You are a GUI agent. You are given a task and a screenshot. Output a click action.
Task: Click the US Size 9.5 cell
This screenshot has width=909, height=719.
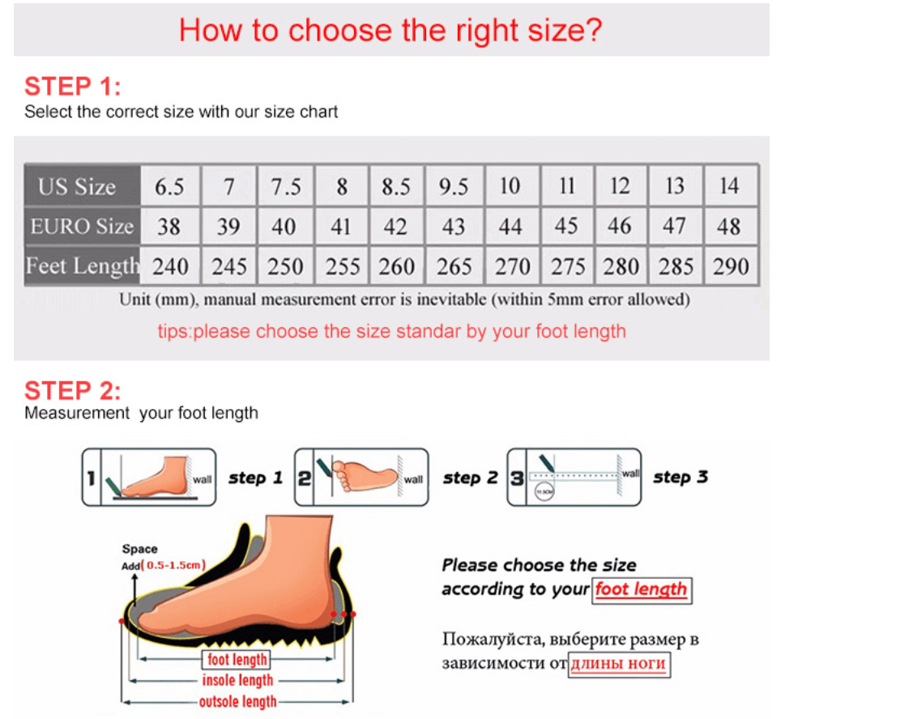pyautogui.click(x=454, y=187)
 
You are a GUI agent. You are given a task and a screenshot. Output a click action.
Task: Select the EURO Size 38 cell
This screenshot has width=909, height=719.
pyautogui.click(x=169, y=226)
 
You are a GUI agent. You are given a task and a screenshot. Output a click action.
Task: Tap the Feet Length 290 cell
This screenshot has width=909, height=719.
pyautogui.click(x=731, y=266)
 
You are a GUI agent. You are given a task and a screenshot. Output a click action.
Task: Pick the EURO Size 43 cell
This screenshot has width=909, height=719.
pyautogui.click(x=454, y=226)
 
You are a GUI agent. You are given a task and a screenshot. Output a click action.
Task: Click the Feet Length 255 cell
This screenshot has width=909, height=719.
pyautogui.click(x=342, y=266)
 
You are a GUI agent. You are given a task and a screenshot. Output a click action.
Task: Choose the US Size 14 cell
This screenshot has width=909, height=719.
pyautogui.click(x=729, y=187)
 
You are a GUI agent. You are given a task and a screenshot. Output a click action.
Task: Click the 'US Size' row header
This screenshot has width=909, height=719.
pyautogui.click(x=78, y=187)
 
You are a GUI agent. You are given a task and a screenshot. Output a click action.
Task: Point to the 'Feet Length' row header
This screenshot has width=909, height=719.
pyautogui.click(x=82, y=266)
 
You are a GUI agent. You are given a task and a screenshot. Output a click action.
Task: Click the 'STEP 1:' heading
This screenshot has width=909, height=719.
pyautogui.click(x=72, y=86)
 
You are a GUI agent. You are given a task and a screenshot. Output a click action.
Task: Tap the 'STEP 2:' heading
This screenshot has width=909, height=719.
pyautogui.click(x=72, y=391)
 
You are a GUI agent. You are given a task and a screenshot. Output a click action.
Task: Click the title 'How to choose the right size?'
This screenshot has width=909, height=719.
pyautogui.click(x=390, y=31)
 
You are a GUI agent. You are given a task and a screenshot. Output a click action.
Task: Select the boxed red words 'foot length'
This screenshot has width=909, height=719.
pyautogui.click(x=641, y=589)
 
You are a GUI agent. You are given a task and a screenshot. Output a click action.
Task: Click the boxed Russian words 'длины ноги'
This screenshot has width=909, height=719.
pyautogui.click(x=619, y=665)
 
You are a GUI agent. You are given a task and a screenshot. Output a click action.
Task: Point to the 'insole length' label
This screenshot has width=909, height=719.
pyautogui.click(x=237, y=681)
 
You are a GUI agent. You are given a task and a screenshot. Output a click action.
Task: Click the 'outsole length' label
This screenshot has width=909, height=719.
pyautogui.click(x=237, y=702)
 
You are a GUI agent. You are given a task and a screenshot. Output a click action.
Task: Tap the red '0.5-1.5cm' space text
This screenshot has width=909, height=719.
pyautogui.click(x=175, y=564)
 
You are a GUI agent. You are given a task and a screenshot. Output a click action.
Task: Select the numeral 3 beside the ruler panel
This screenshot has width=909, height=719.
pyautogui.click(x=516, y=478)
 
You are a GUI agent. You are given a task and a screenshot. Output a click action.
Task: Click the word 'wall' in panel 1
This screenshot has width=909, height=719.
pyautogui.click(x=202, y=479)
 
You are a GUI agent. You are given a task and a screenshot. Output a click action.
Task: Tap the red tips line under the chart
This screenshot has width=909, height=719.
pyautogui.click(x=391, y=331)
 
